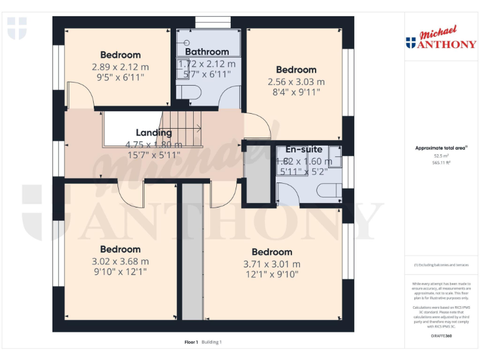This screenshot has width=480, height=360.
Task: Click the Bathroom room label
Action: pyautogui.click(x=207, y=52)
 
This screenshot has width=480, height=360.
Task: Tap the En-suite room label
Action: pyautogui.click(x=304, y=149)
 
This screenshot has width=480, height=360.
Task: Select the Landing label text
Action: pyautogui.click(x=154, y=132)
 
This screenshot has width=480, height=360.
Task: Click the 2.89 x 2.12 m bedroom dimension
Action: pyautogui.click(x=121, y=67)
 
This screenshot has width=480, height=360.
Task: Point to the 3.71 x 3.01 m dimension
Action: pyautogui.click(x=271, y=264)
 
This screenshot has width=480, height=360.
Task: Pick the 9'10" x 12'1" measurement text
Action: pyautogui.click(x=121, y=272)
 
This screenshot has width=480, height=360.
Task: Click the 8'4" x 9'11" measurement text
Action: pyautogui.click(x=296, y=92)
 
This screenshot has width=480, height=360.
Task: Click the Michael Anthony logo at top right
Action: pyautogui.click(x=441, y=39)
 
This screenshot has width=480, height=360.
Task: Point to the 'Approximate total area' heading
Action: pyautogui.click(x=441, y=148)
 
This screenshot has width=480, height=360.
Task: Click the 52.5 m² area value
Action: pyautogui.click(x=441, y=156)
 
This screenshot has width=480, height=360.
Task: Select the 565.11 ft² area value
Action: pyautogui.click(x=441, y=162)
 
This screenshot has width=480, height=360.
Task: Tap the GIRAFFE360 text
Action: pyautogui.click(x=441, y=336)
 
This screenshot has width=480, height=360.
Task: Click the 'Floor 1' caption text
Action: pyautogui.click(x=191, y=342)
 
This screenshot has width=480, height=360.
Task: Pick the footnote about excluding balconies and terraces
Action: pyautogui.click(x=441, y=265)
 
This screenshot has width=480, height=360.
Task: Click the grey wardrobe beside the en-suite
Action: pyautogui.click(x=256, y=176)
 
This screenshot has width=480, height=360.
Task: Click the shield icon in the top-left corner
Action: pyautogui.click(x=17, y=28)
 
